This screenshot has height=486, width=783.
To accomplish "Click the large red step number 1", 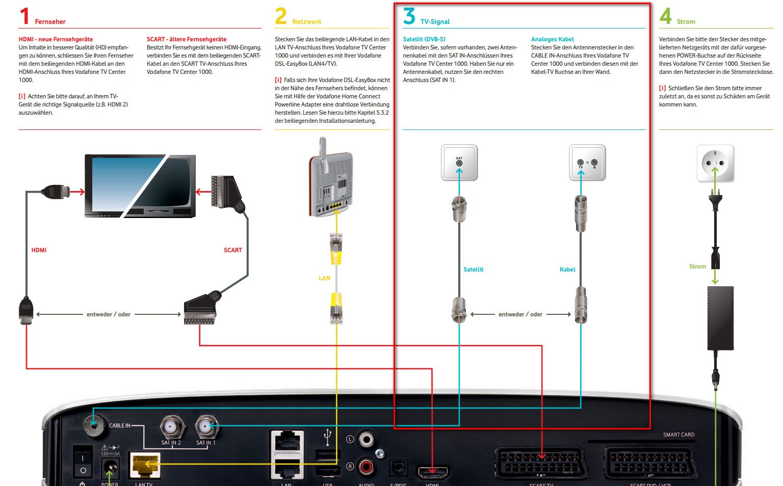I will click(24, 16).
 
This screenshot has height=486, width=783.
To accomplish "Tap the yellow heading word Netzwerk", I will click(306, 22).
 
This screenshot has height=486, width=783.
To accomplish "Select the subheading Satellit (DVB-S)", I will click(424, 39).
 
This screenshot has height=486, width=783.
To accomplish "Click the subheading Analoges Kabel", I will click(552, 39).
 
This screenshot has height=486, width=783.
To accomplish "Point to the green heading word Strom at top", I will click(686, 22).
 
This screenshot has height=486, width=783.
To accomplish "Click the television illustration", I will click(140, 186).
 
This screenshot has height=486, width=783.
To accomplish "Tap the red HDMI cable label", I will click(39, 250).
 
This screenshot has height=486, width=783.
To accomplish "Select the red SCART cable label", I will click(232, 250).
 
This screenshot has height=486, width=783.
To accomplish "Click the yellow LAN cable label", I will click(324, 278).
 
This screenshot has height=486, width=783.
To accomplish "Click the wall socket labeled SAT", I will click(459, 163).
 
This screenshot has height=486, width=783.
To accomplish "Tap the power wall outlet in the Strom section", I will click(715, 164).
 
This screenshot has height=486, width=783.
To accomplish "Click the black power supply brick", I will click(720, 318).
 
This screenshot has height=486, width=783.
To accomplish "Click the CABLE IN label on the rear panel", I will click(120, 425).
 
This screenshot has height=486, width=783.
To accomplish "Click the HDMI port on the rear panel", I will click(433, 472).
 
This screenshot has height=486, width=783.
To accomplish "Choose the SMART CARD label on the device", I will click(678, 435).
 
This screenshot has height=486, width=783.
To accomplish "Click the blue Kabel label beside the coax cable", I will click(567, 269).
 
